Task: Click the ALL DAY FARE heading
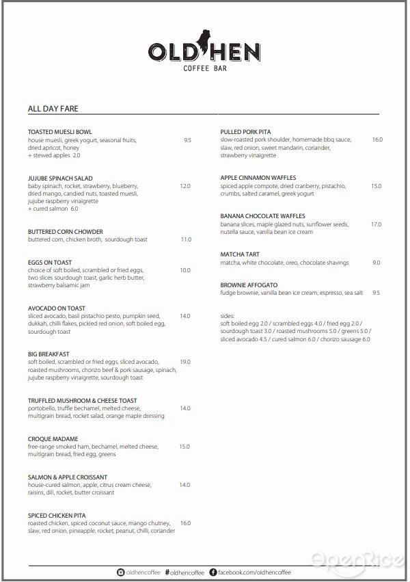(57, 108)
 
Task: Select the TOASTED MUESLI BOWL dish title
(60, 131)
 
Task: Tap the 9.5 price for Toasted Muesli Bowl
(187, 140)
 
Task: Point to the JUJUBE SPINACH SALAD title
(60, 178)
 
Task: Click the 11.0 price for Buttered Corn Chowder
(186, 239)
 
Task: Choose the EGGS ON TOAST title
(50, 263)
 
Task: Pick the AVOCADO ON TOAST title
(57, 308)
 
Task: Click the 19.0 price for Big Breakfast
(185, 362)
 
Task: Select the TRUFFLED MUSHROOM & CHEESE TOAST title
(82, 401)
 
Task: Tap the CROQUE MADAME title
(53, 439)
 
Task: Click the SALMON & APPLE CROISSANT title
(67, 477)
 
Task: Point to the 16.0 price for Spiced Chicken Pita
(185, 523)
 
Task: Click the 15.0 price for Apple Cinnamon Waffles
(377, 186)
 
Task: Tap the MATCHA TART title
(240, 254)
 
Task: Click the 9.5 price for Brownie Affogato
(377, 293)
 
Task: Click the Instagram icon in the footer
(121, 572)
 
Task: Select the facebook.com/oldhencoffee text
(254, 572)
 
